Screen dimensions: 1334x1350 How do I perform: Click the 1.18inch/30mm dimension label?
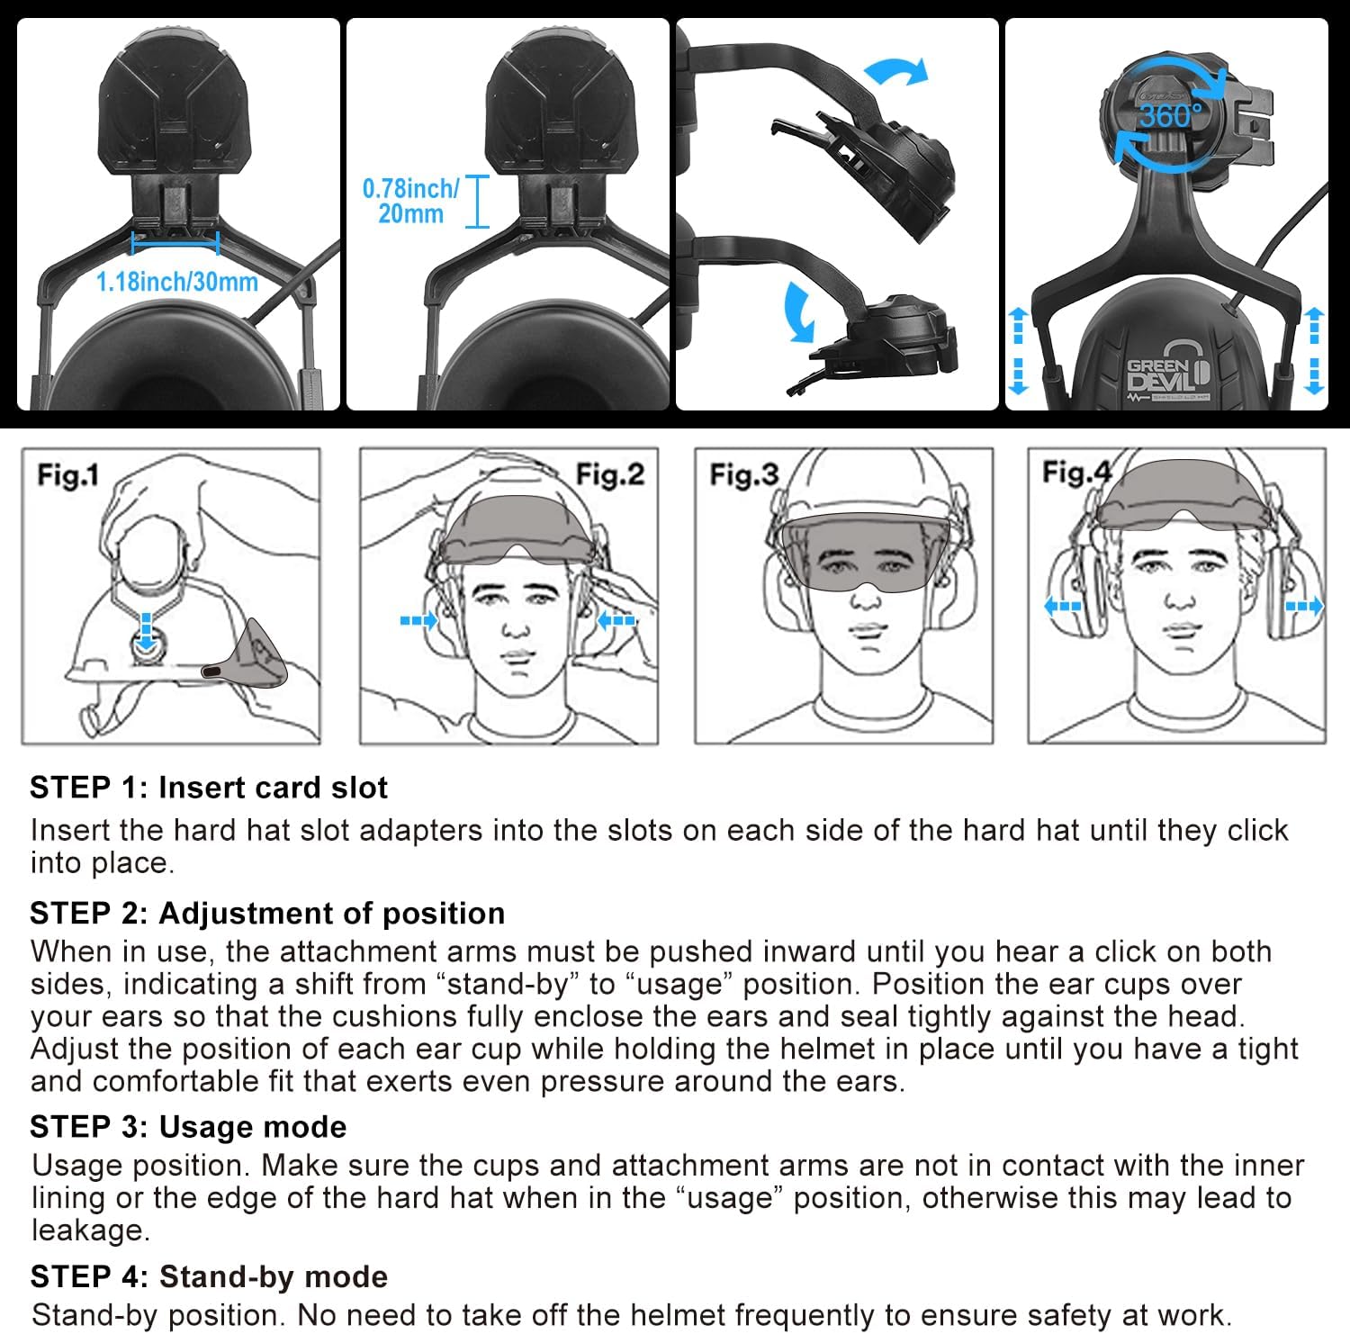click(x=176, y=282)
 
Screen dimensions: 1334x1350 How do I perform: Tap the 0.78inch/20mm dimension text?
click(x=410, y=201)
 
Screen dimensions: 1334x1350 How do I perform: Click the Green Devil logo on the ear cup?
click(x=1168, y=374)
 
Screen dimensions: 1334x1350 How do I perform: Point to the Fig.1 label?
click(x=67, y=474)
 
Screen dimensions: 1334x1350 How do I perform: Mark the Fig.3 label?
click(x=743, y=474)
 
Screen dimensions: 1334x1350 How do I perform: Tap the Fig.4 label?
click(x=1076, y=473)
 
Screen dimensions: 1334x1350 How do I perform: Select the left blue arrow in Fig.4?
click(x=1062, y=606)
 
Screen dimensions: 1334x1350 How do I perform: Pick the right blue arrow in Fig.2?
click(x=616, y=619)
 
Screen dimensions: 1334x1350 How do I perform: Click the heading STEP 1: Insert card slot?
click(x=208, y=788)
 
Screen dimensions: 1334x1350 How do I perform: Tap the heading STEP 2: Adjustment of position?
click(x=267, y=913)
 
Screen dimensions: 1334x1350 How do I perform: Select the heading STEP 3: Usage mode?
click(x=188, y=1127)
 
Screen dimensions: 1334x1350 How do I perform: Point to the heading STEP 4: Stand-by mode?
click(x=209, y=1276)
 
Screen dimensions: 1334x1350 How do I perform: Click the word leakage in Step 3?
click(x=90, y=1230)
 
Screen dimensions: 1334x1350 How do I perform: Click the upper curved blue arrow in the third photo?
click(x=895, y=72)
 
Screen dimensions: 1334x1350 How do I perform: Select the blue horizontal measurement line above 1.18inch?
click(x=175, y=241)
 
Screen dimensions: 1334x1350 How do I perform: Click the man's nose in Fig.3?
click(x=866, y=595)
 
